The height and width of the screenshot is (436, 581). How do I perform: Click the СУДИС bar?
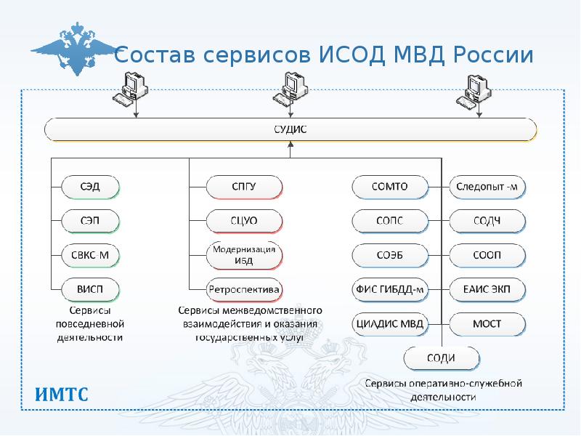coord(290,130)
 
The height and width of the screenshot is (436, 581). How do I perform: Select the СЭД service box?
coord(90,187)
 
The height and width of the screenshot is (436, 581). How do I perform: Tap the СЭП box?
coord(90,220)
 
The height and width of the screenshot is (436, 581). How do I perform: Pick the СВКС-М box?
coord(90,255)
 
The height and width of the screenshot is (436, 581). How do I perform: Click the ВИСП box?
coord(90,289)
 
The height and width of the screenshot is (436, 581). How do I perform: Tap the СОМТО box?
coord(388,187)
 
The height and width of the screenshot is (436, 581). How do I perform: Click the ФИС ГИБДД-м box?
coord(389,289)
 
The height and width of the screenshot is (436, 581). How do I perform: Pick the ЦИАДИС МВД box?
coord(389,323)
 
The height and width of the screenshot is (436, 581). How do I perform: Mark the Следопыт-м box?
coord(487,187)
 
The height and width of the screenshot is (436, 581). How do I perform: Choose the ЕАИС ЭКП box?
coord(487,289)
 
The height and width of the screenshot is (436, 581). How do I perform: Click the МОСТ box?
coord(487,323)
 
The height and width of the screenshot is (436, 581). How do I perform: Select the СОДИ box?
coord(442,358)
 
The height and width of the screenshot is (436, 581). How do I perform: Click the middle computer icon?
coord(290,89)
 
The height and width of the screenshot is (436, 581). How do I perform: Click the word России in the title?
coord(494,56)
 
